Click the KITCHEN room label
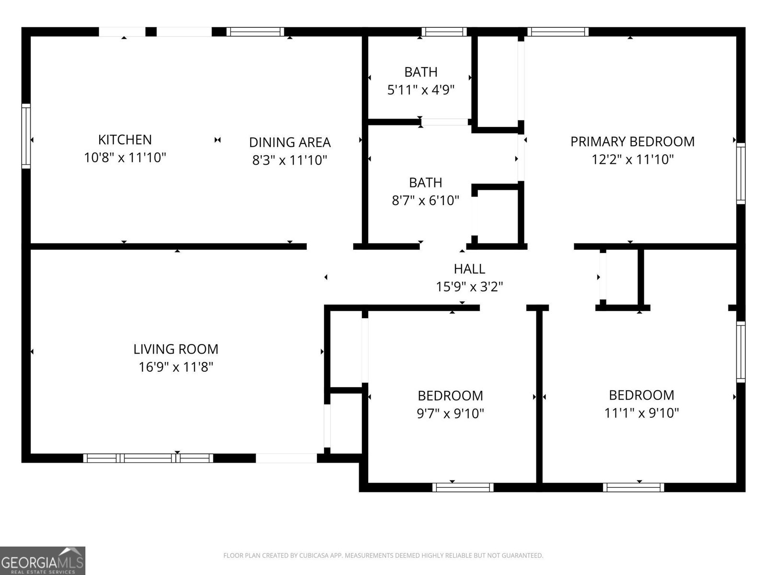[125, 139]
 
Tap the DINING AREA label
[290, 142]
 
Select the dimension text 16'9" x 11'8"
[175, 367]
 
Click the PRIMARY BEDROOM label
[632, 141]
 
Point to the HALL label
[469, 268]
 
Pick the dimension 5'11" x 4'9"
[420, 90]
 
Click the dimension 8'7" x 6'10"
[425, 200]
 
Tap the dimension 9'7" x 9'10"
[450, 413]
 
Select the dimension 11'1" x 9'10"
[641, 413]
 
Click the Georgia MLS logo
[43, 560]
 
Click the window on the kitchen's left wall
[26, 136]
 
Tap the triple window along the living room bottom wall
[148, 458]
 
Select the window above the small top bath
[444, 32]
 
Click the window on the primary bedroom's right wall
[741, 173]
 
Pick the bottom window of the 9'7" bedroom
[463, 487]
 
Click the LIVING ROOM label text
[175, 349]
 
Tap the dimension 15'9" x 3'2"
[469, 287]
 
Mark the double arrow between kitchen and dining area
[218, 140]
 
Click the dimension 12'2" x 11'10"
[632, 159]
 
